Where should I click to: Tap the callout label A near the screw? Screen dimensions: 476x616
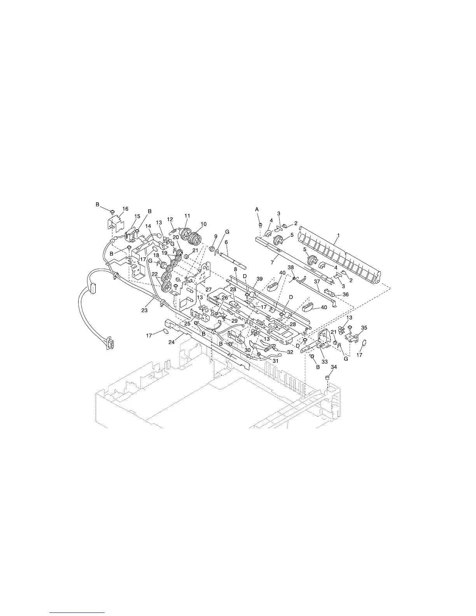click(x=257, y=210)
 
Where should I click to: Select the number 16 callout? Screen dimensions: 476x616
click(x=126, y=209)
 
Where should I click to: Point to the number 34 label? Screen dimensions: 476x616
click(x=334, y=367)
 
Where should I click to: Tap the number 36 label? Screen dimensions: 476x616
click(x=346, y=295)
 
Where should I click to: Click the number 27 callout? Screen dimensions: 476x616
click(x=208, y=290)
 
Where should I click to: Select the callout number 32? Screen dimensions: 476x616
click(x=290, y=352)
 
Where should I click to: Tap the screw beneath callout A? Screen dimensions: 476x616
click(x=261, y=225)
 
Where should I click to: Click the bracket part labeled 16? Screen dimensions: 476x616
click(x=113, y=224)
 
